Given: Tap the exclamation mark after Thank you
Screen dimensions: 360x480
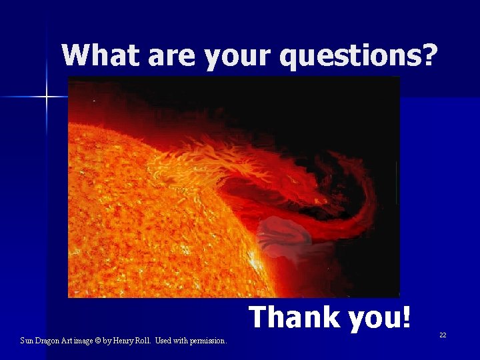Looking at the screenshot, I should (407, 317).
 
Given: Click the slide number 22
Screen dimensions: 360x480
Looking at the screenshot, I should (443, 335).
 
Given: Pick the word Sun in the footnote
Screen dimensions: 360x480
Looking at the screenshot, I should (27, 341).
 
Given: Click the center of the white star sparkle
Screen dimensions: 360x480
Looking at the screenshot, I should (47, 97).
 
